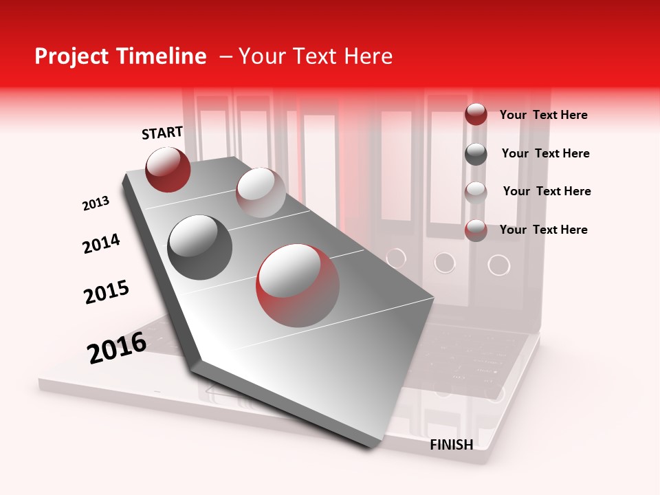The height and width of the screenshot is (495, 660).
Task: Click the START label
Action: (x=162, y=133)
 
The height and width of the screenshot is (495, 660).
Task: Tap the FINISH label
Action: (x=451, y=445)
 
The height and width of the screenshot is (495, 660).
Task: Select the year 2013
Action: (x=96, y=203)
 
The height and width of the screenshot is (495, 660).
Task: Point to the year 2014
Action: (x=101, y=243)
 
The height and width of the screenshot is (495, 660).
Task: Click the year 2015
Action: (x=107, y=292)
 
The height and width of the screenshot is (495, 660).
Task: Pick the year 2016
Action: (x=117, y=347)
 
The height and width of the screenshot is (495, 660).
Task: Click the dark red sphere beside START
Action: (x=168, y=169)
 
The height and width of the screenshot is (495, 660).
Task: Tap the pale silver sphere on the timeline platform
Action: (x=261, y=192)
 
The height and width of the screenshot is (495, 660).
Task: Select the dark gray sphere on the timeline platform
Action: (x=200, y=247)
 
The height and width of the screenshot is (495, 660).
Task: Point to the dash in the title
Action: (x=225, y=56)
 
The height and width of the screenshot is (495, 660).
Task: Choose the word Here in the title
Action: (x=368, y=56)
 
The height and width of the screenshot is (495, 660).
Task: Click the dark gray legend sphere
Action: (x=476, y=154)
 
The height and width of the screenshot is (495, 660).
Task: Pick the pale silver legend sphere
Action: (x=476, y=192)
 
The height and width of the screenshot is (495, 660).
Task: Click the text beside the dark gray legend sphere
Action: (x=545, y=153)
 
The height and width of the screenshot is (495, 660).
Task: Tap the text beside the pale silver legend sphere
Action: (x=547, y=191)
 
